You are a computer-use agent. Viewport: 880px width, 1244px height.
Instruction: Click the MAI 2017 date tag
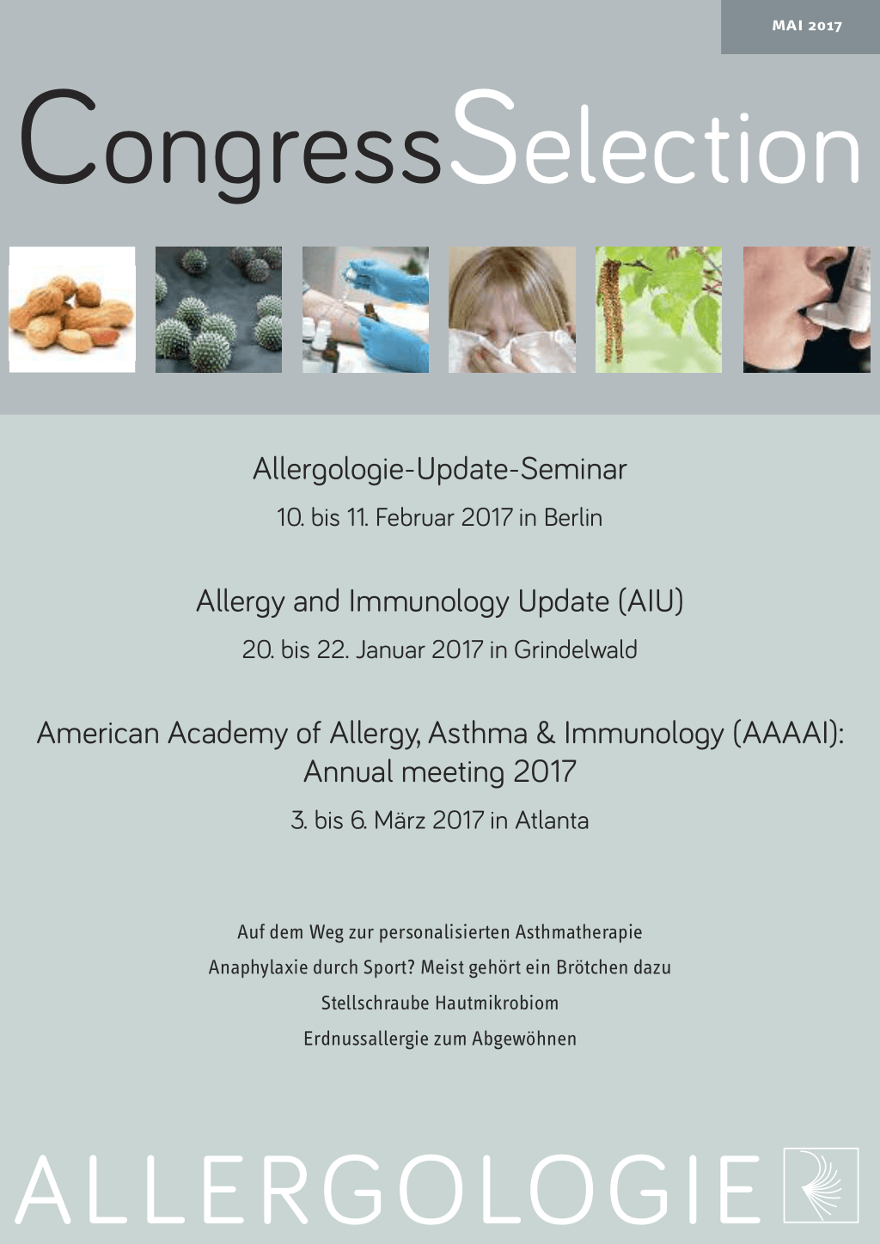807,26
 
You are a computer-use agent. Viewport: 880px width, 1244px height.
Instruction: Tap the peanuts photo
72,309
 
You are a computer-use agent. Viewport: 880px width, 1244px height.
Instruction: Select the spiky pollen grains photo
218,309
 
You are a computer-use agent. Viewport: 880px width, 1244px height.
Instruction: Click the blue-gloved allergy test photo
365,309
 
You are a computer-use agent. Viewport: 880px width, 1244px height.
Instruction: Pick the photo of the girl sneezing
512,309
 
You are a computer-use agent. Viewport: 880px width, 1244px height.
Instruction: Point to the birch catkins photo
659,309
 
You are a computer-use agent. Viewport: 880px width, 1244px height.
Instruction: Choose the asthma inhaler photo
807,309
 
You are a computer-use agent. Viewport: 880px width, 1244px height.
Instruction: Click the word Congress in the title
231,145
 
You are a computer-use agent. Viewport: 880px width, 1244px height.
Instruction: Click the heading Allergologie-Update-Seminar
440,470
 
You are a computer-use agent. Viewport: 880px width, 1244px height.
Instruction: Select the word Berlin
573,517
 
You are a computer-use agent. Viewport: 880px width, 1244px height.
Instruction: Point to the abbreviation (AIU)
651,601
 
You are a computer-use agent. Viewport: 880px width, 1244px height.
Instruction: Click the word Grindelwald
576,649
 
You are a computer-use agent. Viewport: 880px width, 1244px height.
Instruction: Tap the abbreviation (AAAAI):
788,734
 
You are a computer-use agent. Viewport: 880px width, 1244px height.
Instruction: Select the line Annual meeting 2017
440,772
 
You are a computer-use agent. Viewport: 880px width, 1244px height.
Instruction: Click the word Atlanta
552,820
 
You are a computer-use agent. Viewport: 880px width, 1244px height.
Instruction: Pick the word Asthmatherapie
578,932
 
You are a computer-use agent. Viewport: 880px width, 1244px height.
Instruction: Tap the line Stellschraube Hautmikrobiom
440,1003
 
